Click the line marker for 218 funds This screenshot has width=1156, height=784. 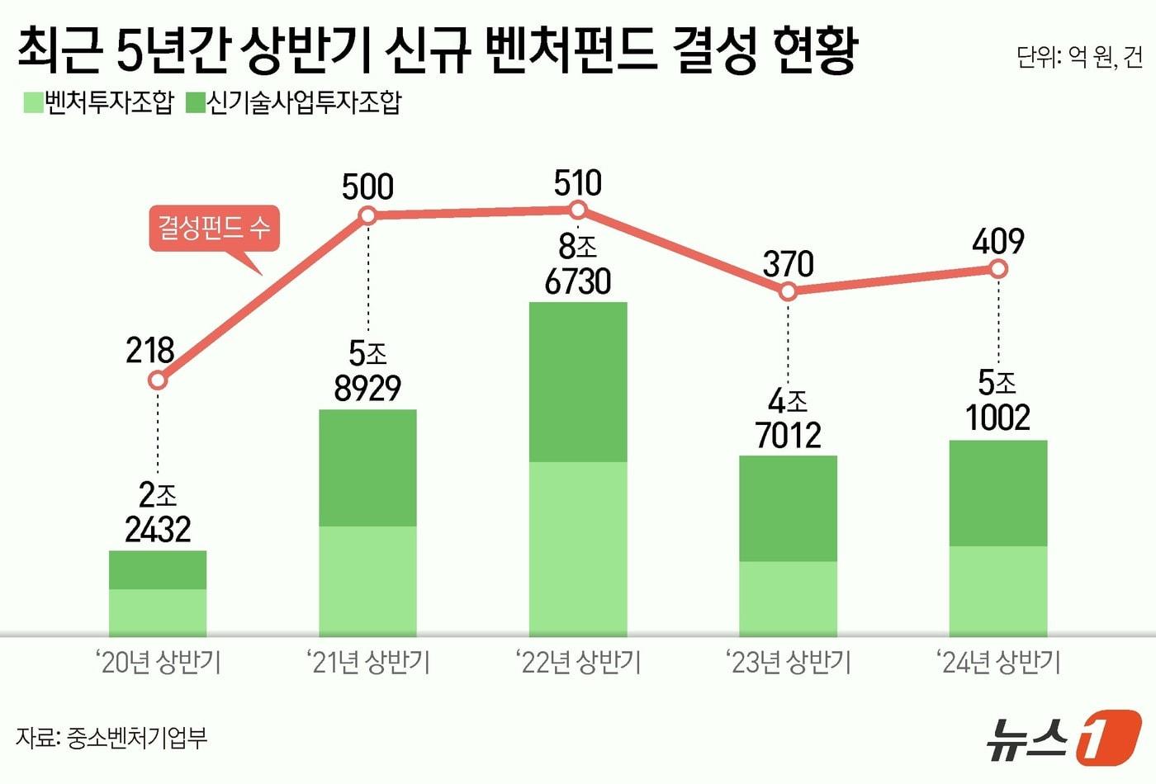pos(158,380)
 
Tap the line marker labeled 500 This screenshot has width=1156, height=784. pos(368,215)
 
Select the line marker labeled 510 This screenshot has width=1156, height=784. pos(578,210)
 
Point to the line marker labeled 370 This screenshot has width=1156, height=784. pos(789,291)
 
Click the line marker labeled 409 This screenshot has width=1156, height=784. pos(998,269)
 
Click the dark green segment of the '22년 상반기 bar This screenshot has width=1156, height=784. pos(578,381)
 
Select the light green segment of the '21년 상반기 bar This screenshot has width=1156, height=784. pos(367,581)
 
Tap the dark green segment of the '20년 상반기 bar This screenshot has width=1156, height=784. pos(158,569)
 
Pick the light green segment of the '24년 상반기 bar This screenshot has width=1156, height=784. pos(998,591)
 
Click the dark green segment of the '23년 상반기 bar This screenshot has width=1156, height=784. pos(788,508)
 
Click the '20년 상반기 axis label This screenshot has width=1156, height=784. pos(158,662)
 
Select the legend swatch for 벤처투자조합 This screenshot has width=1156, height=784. pos(33,103)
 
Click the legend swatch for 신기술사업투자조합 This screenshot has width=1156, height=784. pos(196,103)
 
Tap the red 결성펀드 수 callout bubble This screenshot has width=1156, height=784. pos(214,228)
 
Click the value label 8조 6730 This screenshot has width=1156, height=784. pos(578,264)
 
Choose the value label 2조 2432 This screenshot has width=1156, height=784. pos(158,512)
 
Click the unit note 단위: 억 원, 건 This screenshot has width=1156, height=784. pos(1079,57)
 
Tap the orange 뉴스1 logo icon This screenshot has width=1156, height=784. pos(1109,736)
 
